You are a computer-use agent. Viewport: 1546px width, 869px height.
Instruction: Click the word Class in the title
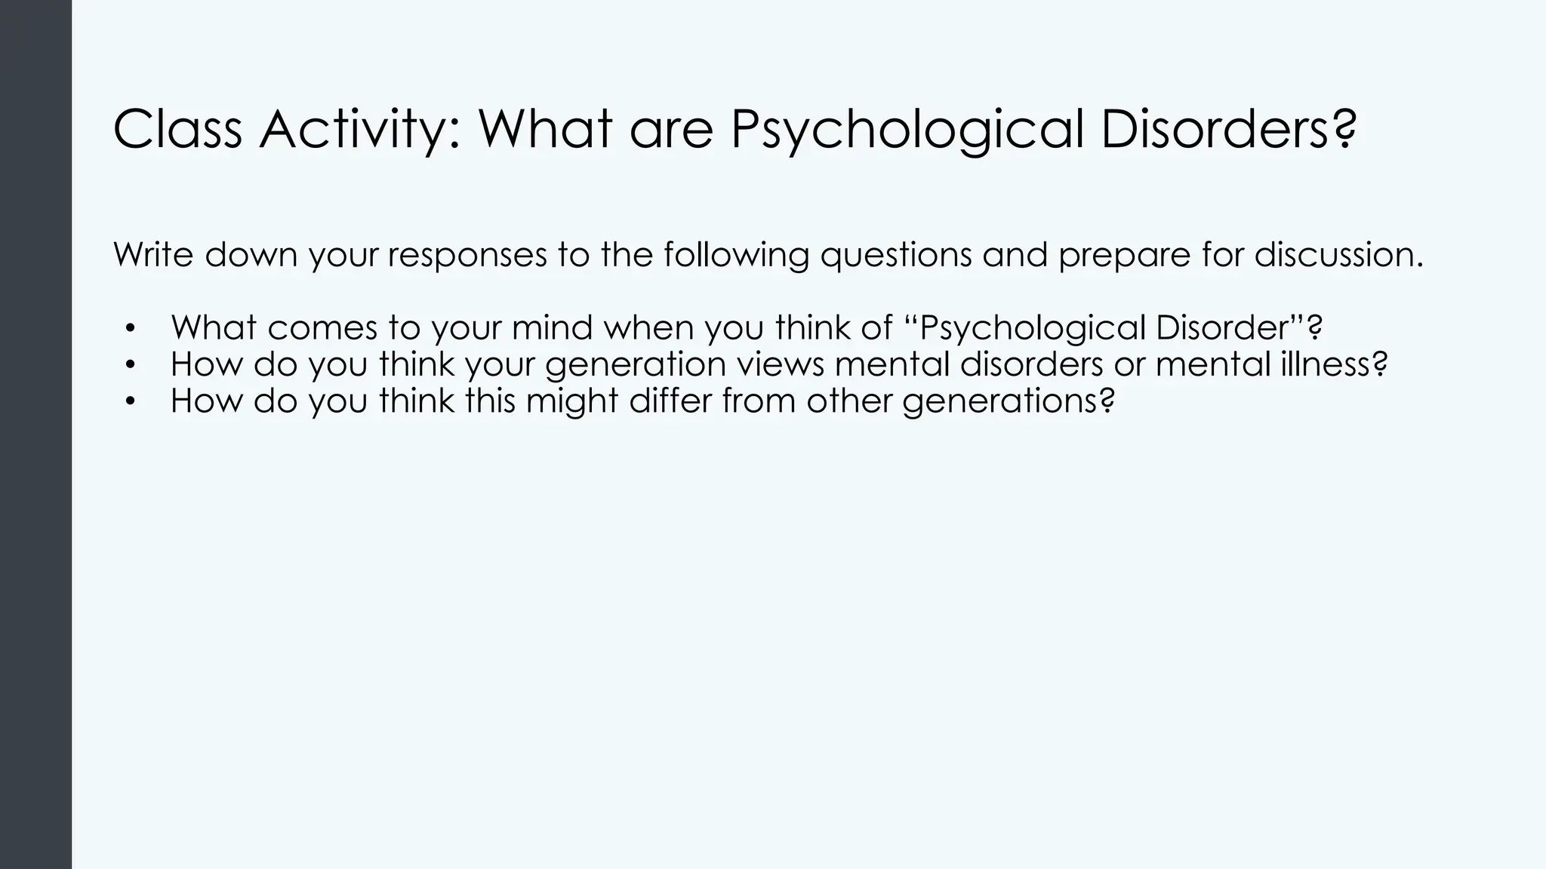pos(177,130)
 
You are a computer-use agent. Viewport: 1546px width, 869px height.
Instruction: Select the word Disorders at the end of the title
pos(1227,130)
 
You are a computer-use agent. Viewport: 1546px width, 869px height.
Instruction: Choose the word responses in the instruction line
pos(467,255)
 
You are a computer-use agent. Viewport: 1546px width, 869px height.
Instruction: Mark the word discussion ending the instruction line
pos(1338,255)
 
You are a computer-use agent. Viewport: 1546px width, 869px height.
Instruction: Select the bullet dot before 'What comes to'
pos(130,329)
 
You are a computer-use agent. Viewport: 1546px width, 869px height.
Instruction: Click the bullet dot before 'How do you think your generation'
pos(130,365)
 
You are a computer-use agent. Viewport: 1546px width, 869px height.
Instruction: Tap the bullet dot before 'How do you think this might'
pos(130,401)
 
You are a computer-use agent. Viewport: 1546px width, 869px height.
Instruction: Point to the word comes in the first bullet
pos(322,328)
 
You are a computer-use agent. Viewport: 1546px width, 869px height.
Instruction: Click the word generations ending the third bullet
pos(1008,401)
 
